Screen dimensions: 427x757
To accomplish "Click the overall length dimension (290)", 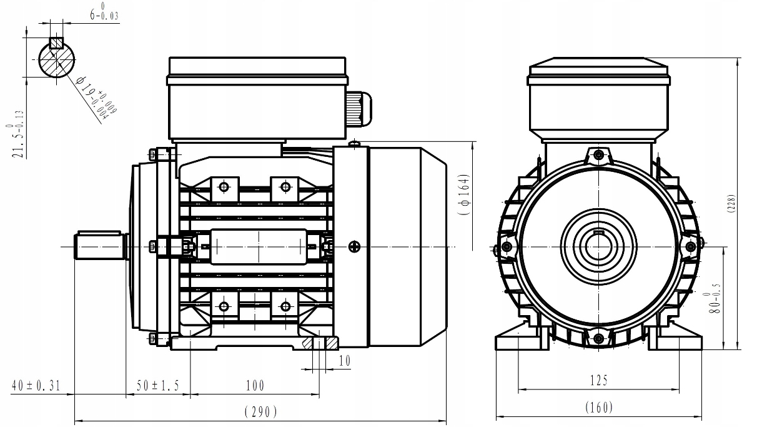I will [x=259, y=412].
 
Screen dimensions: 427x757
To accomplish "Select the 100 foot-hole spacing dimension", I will [x=255, y=386].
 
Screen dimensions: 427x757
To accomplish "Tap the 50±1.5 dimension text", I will [x=158, y=386].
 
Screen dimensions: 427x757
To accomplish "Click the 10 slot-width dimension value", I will [x=344, y=362].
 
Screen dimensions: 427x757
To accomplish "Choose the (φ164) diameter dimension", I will [x=462, y=194].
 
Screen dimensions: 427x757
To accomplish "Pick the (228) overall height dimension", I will [x=731, y=204].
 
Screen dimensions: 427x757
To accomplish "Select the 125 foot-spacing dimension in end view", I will [x=598, y=380].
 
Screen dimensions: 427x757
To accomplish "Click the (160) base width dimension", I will [x=598, y=408].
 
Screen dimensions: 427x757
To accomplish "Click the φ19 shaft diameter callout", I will [x=97, y=97].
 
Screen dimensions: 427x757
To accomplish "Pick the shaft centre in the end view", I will [x=599, y=246].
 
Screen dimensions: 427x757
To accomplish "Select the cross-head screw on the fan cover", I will [x=354, y=246].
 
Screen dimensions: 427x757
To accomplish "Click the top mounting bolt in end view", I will [x=599, y=154].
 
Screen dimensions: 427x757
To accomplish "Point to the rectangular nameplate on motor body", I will [x=258, y=246].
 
